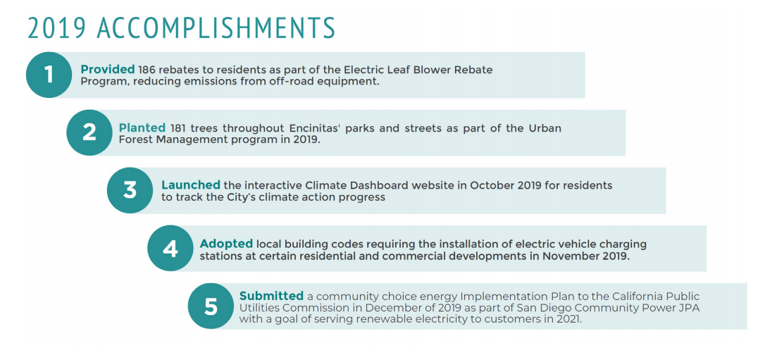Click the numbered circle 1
tap(49, 75)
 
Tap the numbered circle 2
tap(89, 132)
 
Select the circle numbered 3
tap(130, 190)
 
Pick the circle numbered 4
tap(171, 248)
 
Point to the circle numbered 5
tap(211, 306)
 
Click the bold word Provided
tap(108, 70)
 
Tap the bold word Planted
tap(142, 128)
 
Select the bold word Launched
tap(191, 185)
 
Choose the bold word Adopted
tap(226, 244)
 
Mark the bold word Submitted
tap(271, 296)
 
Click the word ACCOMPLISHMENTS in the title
tap(216, 27)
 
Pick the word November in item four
tap(567, 257)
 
